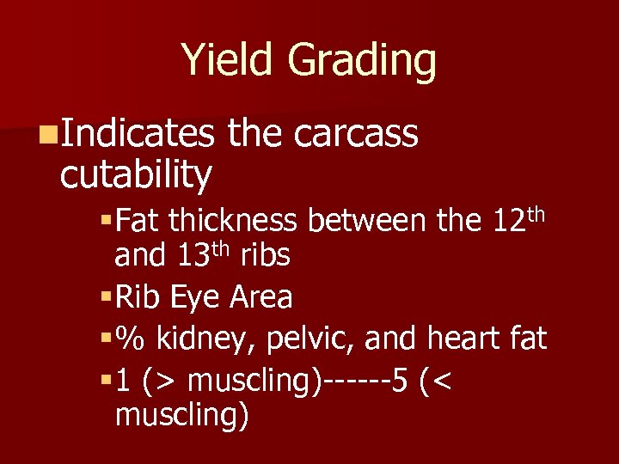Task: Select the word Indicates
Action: [x=138, y=134]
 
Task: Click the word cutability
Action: [x=136, y=174]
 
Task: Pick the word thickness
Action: [x=232, y=222]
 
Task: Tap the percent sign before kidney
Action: [x=130, y=339]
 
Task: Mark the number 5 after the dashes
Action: [x=400, y=379]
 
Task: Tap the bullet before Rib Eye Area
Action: [x=107, y=298]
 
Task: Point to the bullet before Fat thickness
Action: [x=107, y=222]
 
